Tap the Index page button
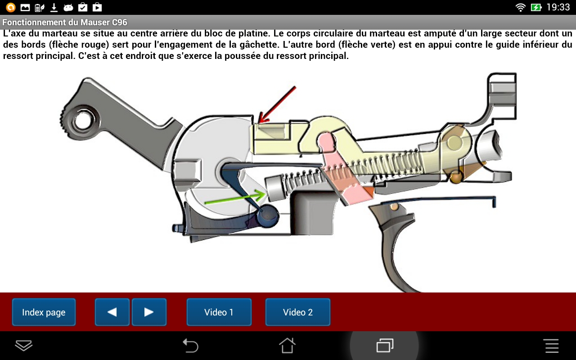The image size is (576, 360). [x=44, y=312]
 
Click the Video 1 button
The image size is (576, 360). [x=219, y=312]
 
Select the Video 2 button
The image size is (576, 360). [x=297, y=312]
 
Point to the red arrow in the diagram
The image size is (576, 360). [x=276, y=104]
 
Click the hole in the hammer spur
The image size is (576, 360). [x=83, y=120]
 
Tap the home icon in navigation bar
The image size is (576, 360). [x=287, y=346]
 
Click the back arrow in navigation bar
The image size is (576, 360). [x=190, y=346]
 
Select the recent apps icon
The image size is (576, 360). [x=385, y=346]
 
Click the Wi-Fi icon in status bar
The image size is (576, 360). [x=521, y=7]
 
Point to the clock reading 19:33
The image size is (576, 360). [x=558, y=7]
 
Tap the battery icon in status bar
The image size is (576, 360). [x=536, y=7]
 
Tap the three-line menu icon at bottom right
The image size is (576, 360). [x=552, y=346]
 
